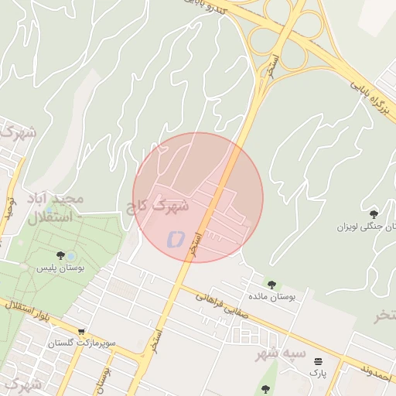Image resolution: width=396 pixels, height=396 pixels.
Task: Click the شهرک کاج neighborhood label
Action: click(160, 206)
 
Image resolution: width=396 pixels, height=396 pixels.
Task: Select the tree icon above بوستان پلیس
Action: click(60, 255)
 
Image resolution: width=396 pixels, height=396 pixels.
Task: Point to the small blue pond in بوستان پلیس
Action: click(71, 255)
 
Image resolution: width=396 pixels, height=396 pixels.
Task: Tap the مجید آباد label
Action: click(54, 200)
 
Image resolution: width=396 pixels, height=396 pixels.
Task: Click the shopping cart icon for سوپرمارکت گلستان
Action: click(80, 332)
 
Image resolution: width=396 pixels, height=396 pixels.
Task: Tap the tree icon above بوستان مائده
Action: click(271, 285)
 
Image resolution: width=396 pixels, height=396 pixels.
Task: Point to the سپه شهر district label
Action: click(282, 355)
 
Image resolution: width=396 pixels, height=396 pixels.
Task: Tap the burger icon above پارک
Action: click(317, 361)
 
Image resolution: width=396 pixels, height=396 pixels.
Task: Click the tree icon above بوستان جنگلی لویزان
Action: click(374, 214)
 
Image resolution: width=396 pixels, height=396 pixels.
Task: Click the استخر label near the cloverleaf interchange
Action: click(271, 66)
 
